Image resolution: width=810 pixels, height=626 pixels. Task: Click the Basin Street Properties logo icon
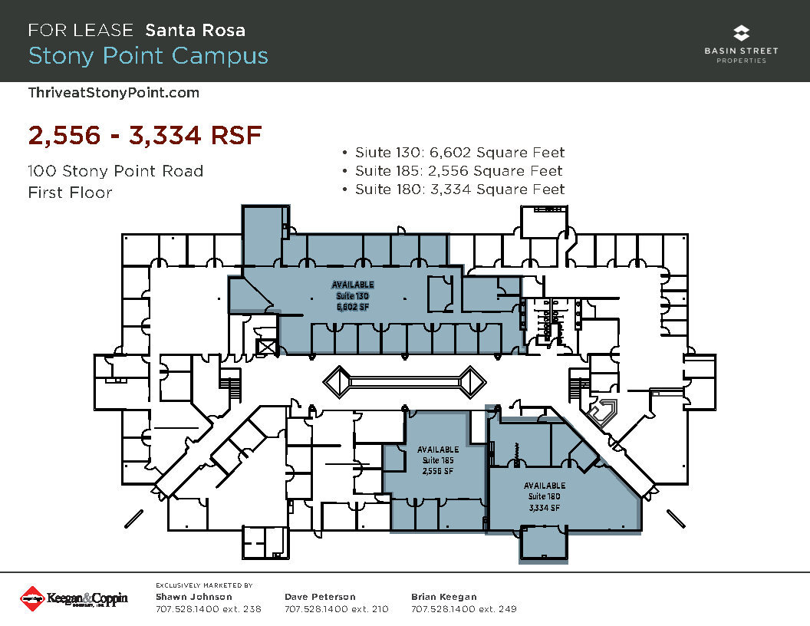[x=741, y=34]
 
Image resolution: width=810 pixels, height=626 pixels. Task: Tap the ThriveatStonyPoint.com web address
[x=114, y=93]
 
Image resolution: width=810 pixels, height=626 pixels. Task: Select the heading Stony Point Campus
[x=148, y=56]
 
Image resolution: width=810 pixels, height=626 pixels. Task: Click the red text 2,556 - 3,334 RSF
[x=145, y=136]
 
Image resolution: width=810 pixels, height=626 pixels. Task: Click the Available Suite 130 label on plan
[x=353, y=295]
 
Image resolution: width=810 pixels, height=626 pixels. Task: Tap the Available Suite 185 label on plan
[x=438, y=460]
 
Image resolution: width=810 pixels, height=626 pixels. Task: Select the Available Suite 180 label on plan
[x=545, y=496]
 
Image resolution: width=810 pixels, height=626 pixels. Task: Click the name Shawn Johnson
[x=194, y=597]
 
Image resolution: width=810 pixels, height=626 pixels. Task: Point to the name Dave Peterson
[x=320, y=597]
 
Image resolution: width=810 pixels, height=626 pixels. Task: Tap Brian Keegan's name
[x=444, y=597]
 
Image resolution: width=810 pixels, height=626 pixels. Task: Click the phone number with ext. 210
[x=336, y=609]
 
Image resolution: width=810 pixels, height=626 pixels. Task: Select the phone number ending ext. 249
[x=463, y=609]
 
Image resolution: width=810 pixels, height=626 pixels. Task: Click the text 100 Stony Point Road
[x=115, y=171]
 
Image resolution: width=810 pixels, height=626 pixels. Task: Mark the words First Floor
[x=70, y=193]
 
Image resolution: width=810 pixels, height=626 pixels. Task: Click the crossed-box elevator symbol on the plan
[x=267, y=347]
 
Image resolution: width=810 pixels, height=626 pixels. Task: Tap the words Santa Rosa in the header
[x=196, y=31]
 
